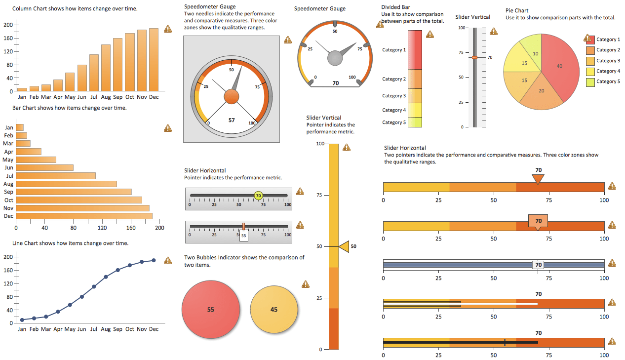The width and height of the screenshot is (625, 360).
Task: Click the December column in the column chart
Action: (x=154, y=60)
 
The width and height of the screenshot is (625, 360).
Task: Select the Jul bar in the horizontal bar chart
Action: (x=56, y=176)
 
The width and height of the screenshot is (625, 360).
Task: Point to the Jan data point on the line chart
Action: (x=22, y=320)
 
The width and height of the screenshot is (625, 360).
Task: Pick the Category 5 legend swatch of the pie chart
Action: (x=590, y=82)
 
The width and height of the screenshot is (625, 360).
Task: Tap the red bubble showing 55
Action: (x=211, y=310)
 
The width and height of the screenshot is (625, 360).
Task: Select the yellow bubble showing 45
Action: (x=274, y=310)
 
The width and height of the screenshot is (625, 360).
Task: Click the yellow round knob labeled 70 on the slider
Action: (x=258, y=196)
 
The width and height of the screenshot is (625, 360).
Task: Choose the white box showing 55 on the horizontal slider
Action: (x=244, y=236)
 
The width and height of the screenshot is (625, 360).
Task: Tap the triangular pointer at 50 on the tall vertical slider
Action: (x=343, y=246)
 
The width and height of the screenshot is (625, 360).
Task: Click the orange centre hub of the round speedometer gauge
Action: (x=232, y=97)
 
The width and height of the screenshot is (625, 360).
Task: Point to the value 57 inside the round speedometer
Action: (x=232, y=120)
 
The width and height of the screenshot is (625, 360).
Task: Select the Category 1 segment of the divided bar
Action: (x=415, y=50)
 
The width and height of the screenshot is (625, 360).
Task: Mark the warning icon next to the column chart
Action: (x=168, y=29)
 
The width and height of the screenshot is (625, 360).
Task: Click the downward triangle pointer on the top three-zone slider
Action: (x=538, y=179)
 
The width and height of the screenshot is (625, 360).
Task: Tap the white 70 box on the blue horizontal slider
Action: (x=538, y=265)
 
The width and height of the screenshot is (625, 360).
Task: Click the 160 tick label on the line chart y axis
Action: (x=8, y=270)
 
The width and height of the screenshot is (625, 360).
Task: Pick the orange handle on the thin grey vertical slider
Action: (x=474, y=58)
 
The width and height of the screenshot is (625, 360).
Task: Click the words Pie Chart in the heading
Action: (x=517, y=11)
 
